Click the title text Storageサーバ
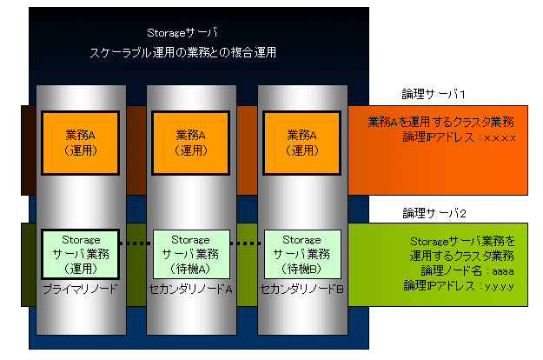click(182, 33)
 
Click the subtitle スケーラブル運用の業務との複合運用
click(182, 53)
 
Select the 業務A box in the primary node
click(80, 143)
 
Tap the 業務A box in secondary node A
click(191, 143)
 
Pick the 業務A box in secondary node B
click(302, 143)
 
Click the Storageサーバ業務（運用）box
click(80, 254)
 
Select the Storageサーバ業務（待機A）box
click(191, 254)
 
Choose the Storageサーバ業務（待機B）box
click(302, 254)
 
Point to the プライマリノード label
click(80, 289)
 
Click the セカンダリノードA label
click(191, 289)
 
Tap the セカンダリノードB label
click(302, 289)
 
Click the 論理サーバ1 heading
click(434, 94)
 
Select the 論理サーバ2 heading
click(434, 213)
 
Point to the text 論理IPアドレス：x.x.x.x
click(460, 137)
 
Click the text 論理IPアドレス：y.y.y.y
click(459, 286)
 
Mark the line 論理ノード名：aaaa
click(467, 270)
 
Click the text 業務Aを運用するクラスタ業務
click(440, 122)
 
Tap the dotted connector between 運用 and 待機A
click(136, 243)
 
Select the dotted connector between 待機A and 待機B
click(247, 243)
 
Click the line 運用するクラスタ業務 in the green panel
click(461, 256)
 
